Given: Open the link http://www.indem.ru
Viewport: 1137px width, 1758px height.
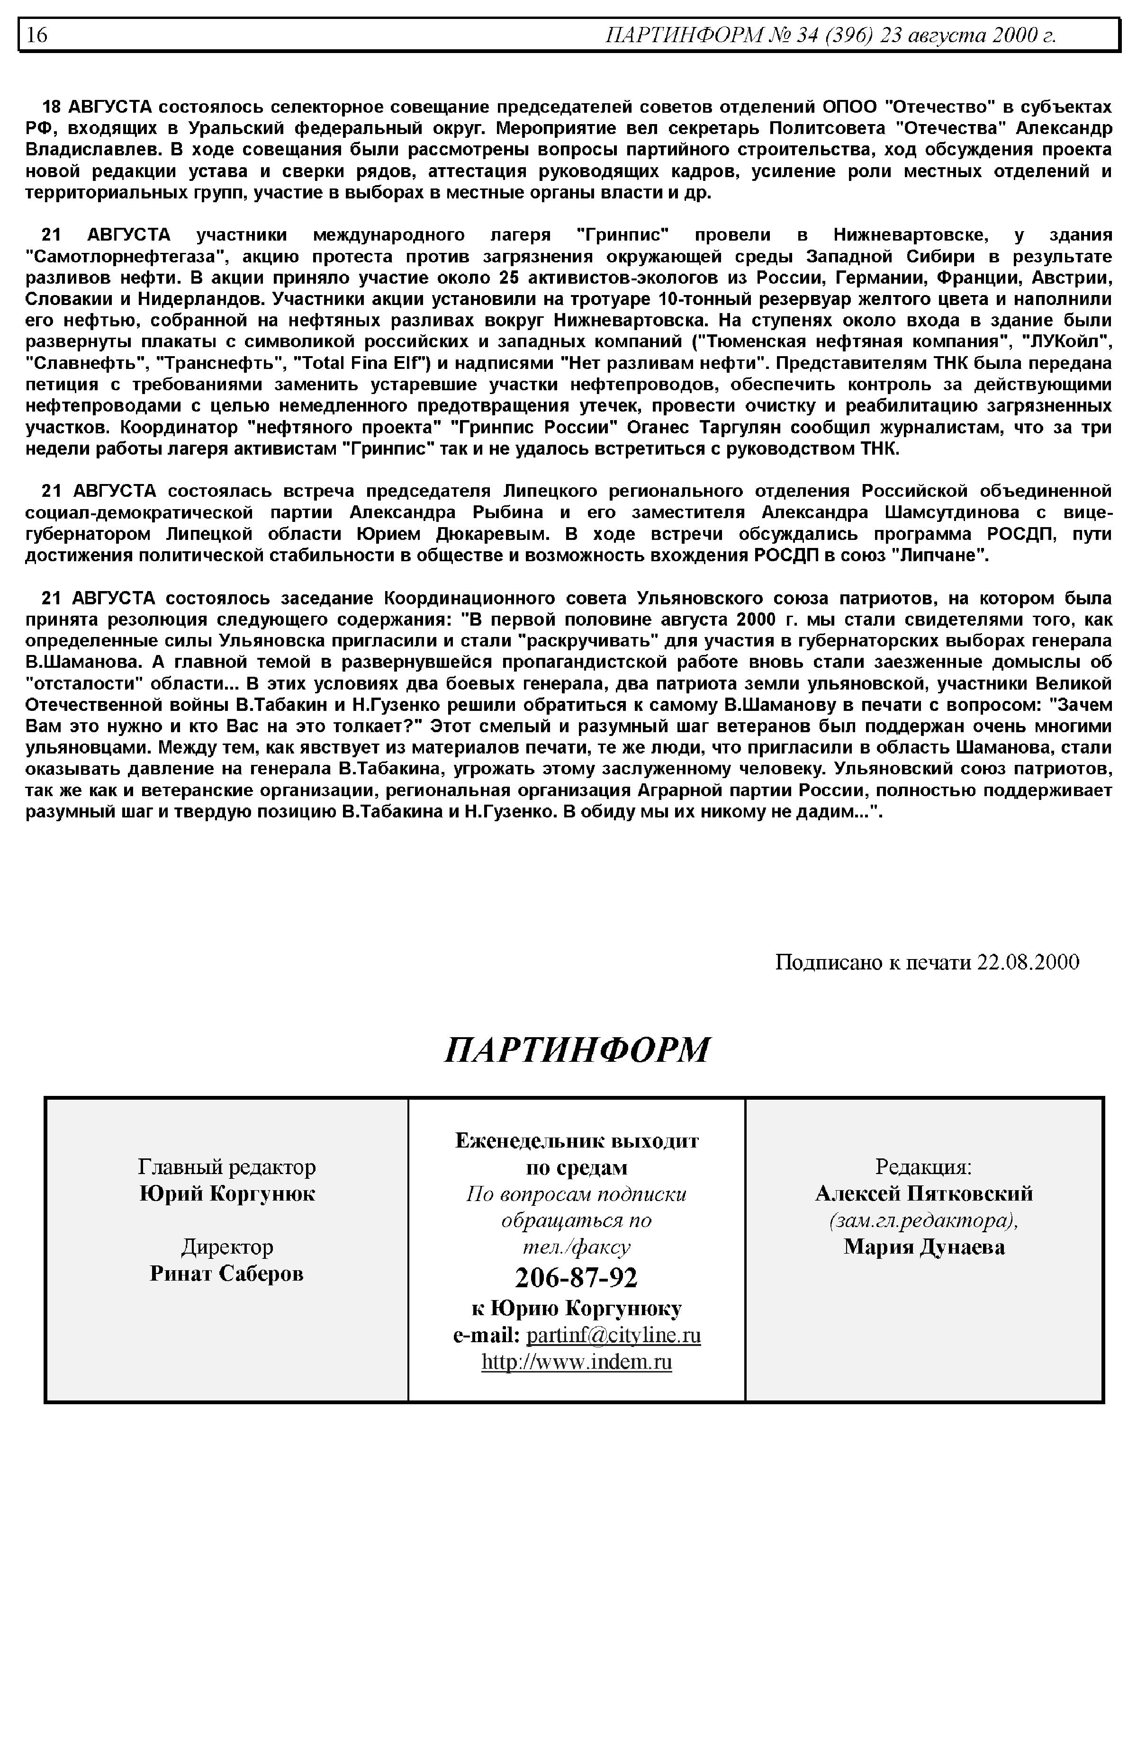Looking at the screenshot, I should coord(577,1362).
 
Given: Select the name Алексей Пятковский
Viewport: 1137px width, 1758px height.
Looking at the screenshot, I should coord(924,1194).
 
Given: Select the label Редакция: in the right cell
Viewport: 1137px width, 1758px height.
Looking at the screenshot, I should coord(924,1167).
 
